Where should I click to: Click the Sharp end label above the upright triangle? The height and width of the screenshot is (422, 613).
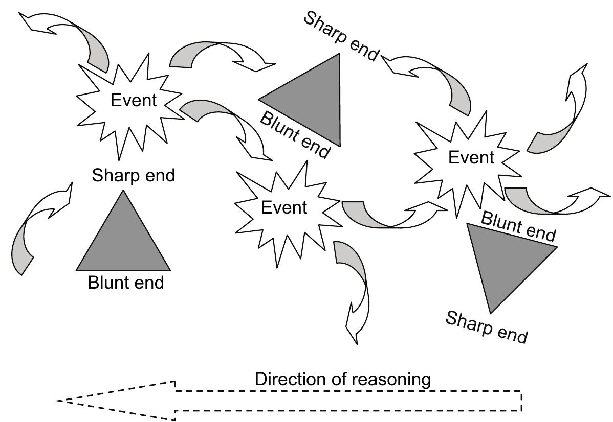click(x=133, y=176)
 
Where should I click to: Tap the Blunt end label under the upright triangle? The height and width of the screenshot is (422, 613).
click(x=126, y=282)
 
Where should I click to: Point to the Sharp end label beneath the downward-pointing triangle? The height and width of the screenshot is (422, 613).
click(x=486, y=327)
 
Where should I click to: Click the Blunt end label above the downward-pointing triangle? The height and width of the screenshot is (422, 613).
click(x=518, y=226)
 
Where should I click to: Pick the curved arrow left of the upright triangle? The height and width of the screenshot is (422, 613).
click(x=38, y=225)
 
